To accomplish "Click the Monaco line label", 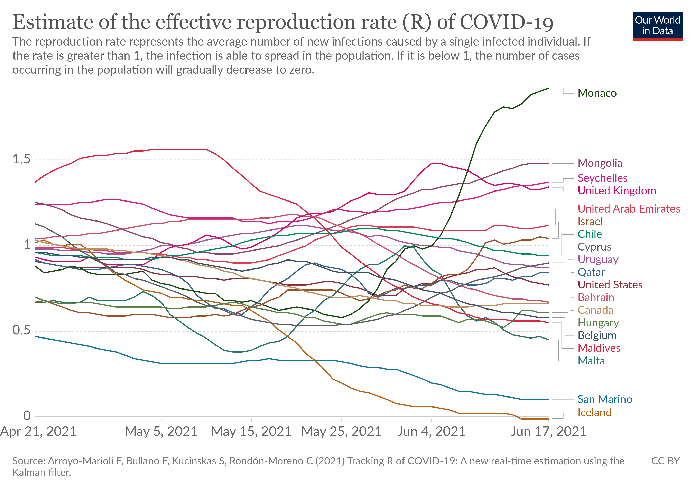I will [597, 93].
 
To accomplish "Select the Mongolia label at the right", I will [600, 163].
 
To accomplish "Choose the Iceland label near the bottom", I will [594, 413].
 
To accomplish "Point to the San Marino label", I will [604, 399].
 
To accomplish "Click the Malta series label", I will [591, 361].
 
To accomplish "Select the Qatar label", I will [591, 272].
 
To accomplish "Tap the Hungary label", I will [598, 323].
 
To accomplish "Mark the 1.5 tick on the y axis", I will [21, 159].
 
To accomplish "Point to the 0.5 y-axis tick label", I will [21, 330].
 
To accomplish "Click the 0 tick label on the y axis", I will [27, 416].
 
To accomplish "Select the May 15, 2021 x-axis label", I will [251, 432].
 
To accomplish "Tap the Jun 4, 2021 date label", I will [431, 432].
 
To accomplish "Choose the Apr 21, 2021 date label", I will [38, 432].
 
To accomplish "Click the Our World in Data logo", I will [657, 26].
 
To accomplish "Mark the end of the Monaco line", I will [548, 88].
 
